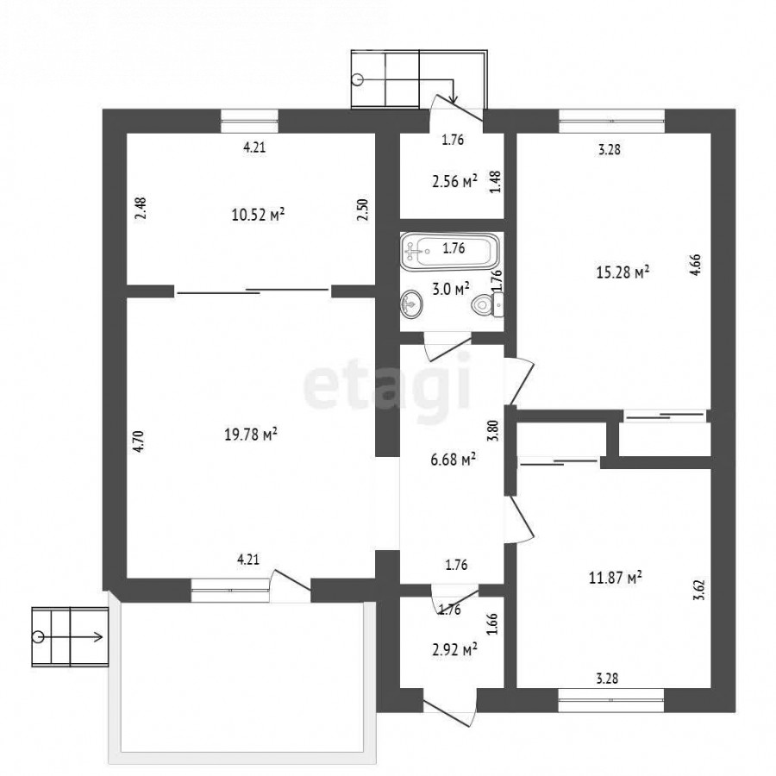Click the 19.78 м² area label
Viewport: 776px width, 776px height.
(x=251, y=435)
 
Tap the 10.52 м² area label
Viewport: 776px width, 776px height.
(x=258, y=215)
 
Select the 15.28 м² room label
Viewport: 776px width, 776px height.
(x=623, y=272)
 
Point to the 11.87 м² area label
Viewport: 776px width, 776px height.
(x=616, y=577)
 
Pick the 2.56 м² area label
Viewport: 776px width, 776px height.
(x=454, y=182)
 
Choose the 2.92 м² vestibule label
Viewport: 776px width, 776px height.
(x=454, y=648)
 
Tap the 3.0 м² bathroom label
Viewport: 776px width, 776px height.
(x=451, y=289)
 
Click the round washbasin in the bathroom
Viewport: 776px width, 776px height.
(x=411, y=304)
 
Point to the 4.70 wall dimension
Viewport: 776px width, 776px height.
(x=139, y=441)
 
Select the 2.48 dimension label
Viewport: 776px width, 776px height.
(x=141, y=209)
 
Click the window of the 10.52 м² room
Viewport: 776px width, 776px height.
(x=249, y=121)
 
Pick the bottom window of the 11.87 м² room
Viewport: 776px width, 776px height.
(x=611, y=700)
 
